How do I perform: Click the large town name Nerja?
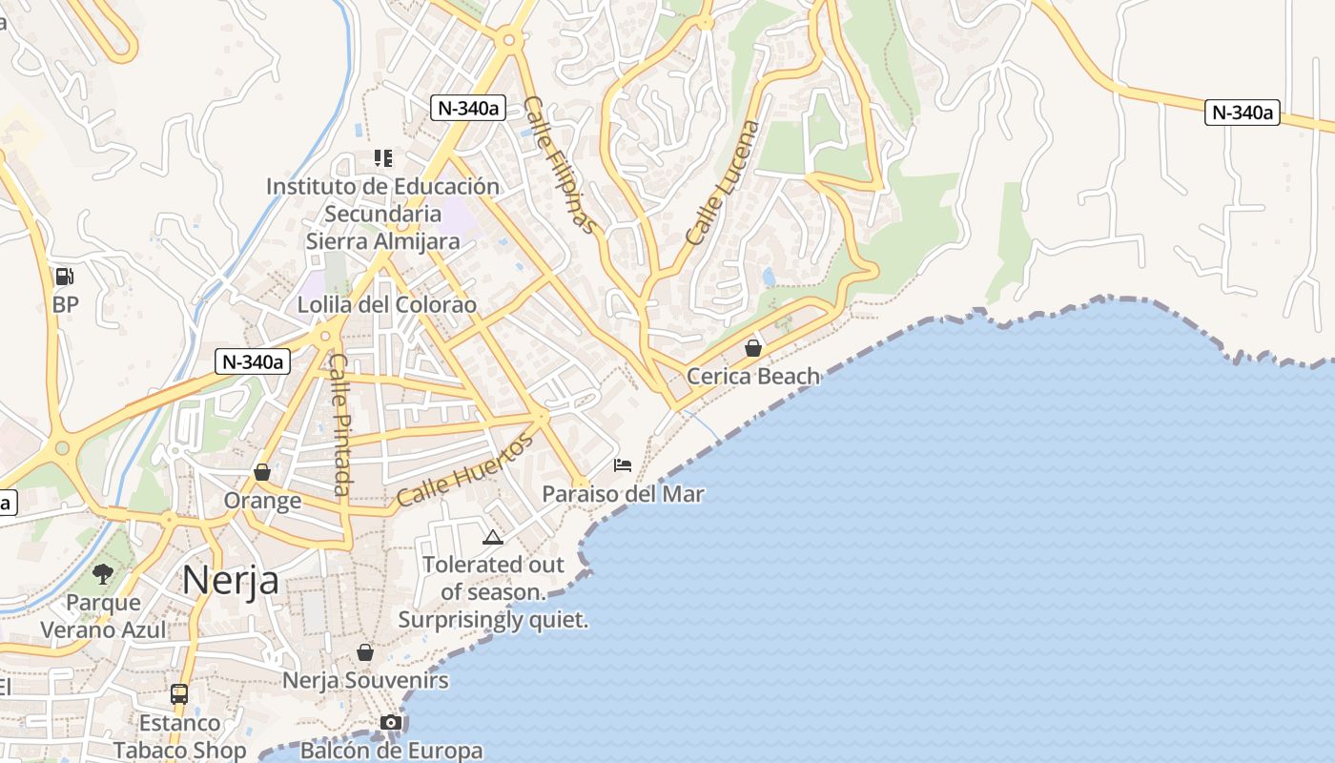[x=230, y=579]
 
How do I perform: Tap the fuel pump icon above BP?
[x=65, y=277]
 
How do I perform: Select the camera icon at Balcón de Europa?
[x=390, y=722]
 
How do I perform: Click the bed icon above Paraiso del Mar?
[x=623, y=465]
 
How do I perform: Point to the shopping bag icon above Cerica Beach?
[x=753, y=348]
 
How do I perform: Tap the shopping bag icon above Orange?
[x=262, y=472]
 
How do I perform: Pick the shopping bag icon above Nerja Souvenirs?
[x=364, y=652]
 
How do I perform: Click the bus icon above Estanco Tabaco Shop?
[x=179, y=693]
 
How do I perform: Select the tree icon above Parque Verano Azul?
[x=103, y=574]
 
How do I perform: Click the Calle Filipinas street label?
[x=560, y=165]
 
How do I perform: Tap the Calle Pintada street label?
[x=340, y=424]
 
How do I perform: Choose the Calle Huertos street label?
[x=465, y=470]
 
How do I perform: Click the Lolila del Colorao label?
[x=386, y=305]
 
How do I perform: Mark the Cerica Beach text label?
[x=753, y=376]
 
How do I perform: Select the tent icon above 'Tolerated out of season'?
[x=492, y=537]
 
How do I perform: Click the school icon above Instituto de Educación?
[x=382, y=157]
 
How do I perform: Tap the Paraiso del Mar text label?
[x=623, y=494]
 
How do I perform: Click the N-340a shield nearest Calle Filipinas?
[x=467, y=108]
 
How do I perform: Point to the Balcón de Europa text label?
[x=391, y=750]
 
